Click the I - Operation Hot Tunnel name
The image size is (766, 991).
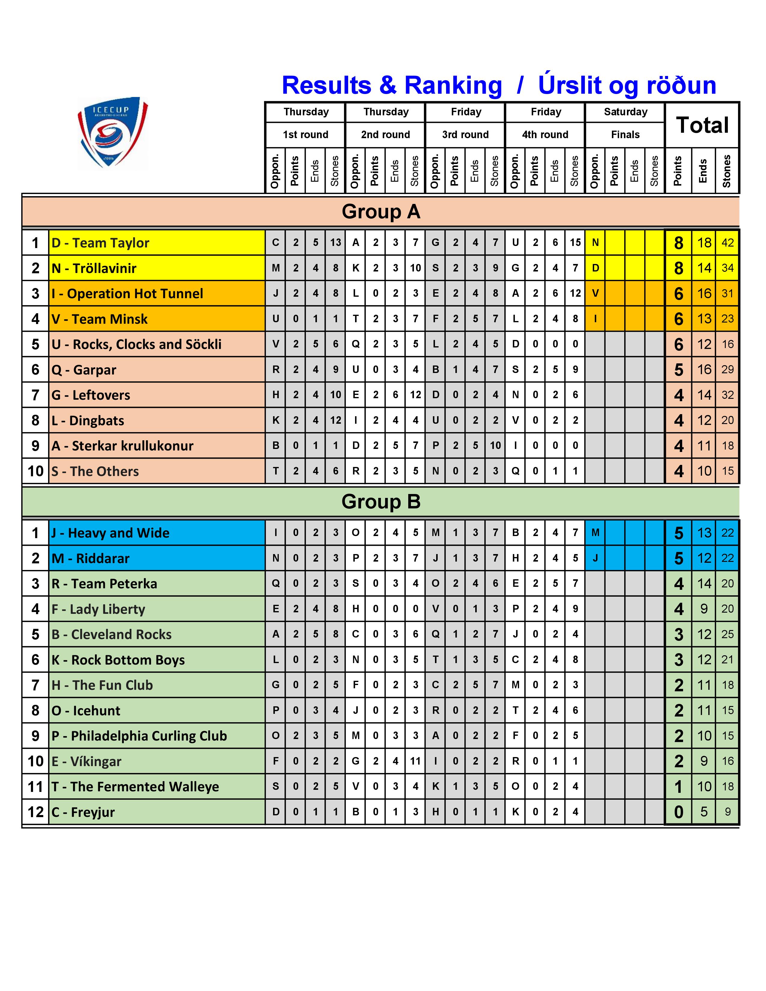127,294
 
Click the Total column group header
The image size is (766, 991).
702,125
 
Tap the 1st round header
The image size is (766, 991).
305,135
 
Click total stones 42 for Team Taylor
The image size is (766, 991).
728,243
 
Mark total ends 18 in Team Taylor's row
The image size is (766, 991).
704,243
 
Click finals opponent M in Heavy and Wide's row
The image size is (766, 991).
595,533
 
